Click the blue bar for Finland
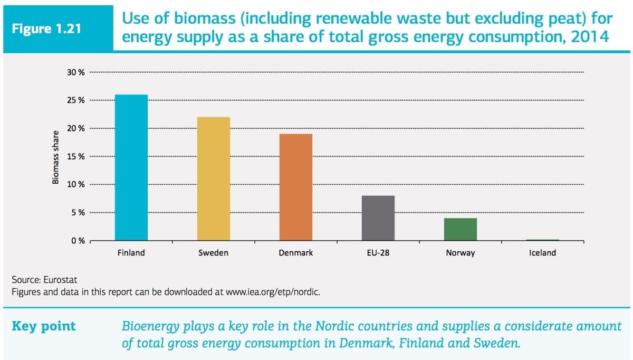pyautogui.click(x=131, y=168)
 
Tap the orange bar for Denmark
pyautogui.click(x=295, y=187)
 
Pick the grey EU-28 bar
pyautogui.click(x=378, y=218)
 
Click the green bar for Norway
pyautogui.click(x=460, y=229)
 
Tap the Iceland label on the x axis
pyautogui.click(x=542, y=253)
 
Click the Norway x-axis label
pyautogui.click(x=460, y=253)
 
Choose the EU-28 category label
pyautogui.click(x=378, y=253)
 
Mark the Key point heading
pyautogui.click(x=44, y=326)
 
